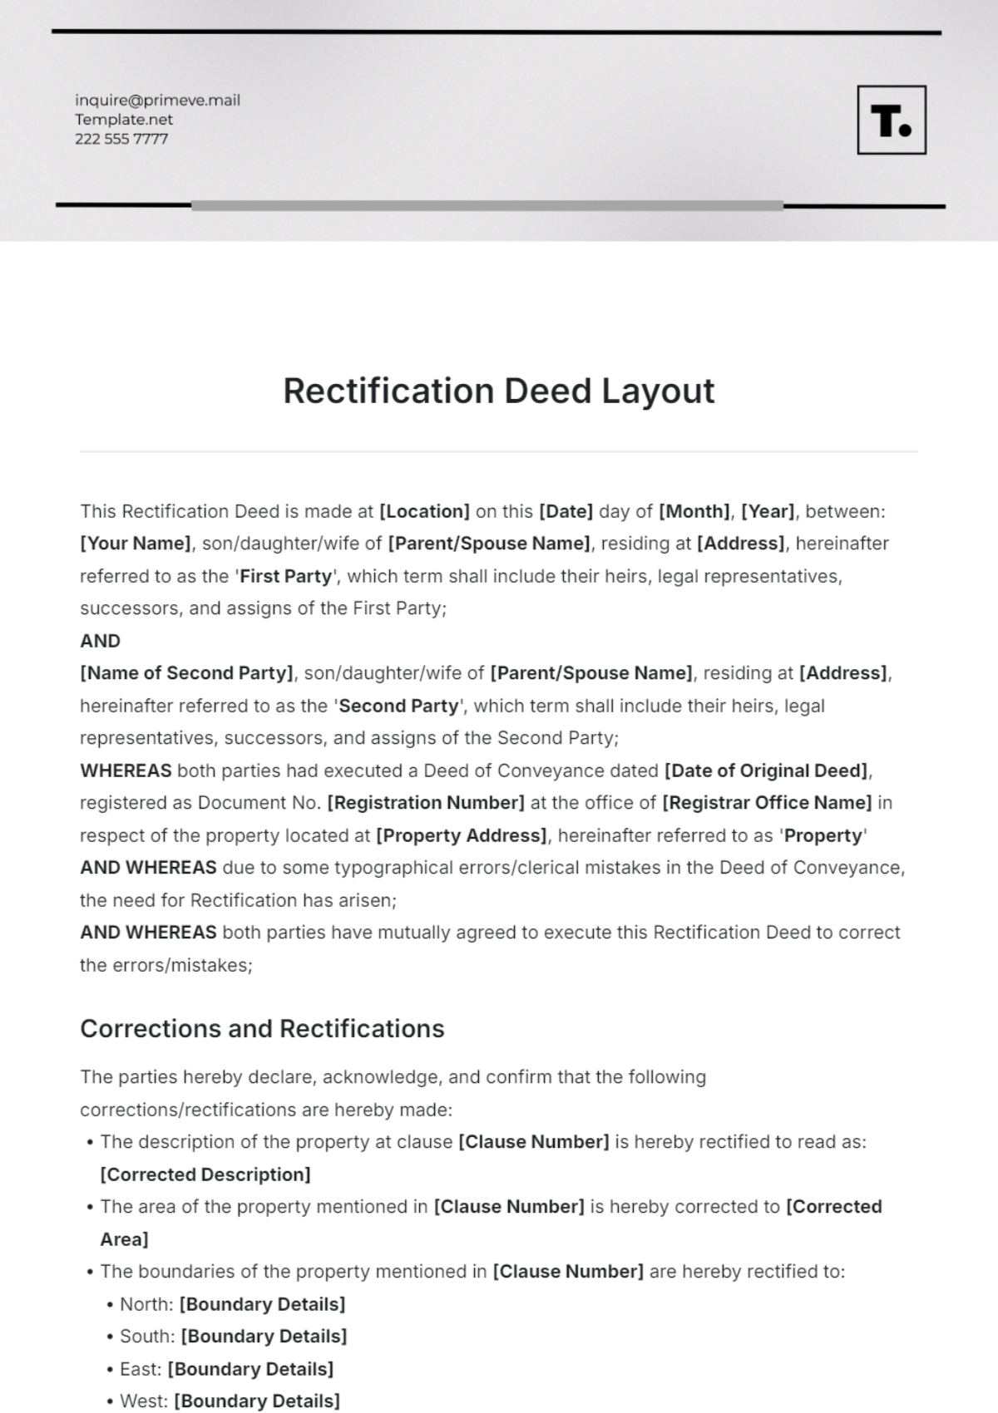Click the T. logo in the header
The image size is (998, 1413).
(891, 120)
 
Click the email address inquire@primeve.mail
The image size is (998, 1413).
(157, 101)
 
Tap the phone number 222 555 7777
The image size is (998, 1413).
(121, 139)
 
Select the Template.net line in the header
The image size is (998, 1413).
(124, 120)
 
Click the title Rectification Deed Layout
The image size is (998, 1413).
(498, 391)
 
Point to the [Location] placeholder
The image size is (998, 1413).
(424, 511)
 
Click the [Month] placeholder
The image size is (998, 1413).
(694, 511)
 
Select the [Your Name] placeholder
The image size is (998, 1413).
(136, 544)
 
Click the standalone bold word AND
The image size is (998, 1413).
(100, 641)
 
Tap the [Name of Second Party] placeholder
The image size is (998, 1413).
(187, 673)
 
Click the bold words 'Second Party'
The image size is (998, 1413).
(398, 706)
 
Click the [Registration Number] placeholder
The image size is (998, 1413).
(426, 803)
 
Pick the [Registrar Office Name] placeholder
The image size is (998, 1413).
(767, 803)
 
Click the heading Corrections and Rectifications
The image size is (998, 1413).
(262, 1029)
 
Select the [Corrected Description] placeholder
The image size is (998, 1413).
(205, 1174)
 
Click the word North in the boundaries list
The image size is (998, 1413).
(145, 1304)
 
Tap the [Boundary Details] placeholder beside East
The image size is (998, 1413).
(250, 1369)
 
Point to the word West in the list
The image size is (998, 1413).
(143, 1401)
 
